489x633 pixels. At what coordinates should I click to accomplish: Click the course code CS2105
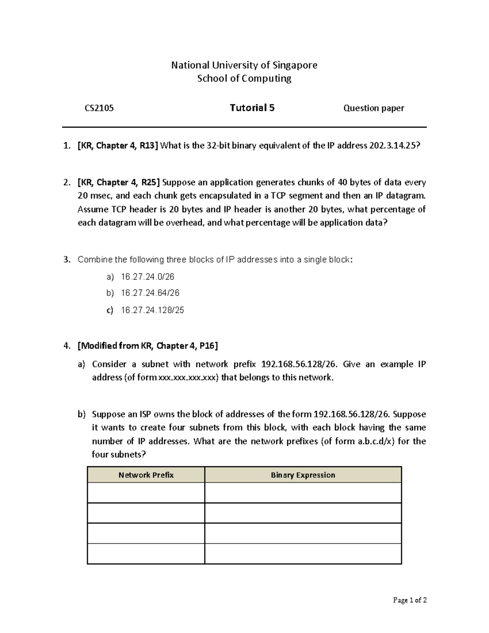click(x=99, y=108)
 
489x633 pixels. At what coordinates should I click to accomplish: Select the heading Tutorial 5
click(x=252, y=108)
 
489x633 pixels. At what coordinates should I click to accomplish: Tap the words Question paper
click(x=374, y=108)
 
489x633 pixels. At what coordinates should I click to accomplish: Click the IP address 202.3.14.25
click(x=392, y=146)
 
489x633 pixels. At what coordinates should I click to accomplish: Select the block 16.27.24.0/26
click(x=148, y=277)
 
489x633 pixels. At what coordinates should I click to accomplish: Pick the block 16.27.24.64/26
click(x=150, y=293)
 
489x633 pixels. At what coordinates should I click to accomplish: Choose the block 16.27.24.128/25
click(x=152, y=310)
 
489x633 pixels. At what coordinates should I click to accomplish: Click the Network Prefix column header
click(x=146, y=475)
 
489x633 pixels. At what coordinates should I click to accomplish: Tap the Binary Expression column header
click(x=303, y=475)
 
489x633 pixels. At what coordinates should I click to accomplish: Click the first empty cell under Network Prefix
click(x=146, y=493)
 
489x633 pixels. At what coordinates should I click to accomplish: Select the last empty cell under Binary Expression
click(x=303, y=554)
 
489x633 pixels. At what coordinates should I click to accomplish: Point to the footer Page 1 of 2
click(x=410, y=600)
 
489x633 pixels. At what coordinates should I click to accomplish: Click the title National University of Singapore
click(x=244, y=65)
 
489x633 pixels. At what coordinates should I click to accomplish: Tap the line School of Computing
click(x=244, y=78)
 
